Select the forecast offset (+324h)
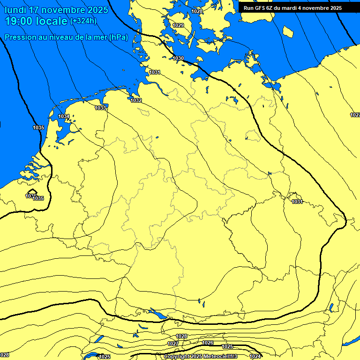click(84, 21)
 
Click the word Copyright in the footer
click(177, 356)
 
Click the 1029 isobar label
click(178, 25)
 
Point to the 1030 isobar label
click(178, 58)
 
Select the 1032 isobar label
click(136, 100)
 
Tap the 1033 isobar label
click(100, 108)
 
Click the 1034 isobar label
click(64, 116)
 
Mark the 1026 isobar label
click(208, 343)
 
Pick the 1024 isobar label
click(255, 356)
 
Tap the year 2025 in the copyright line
click(198, 356)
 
